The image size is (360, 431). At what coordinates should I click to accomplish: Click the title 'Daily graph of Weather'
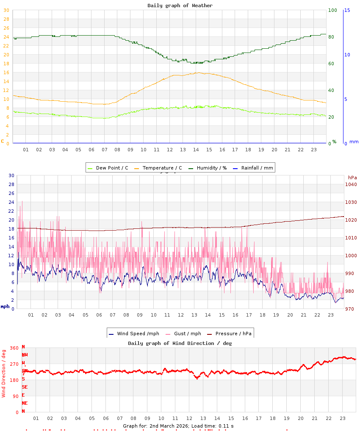[x=180, y=6]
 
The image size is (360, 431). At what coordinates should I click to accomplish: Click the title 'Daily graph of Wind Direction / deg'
[x=180, y=343]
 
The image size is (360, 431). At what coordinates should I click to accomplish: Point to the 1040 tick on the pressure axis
[x=352, y=184]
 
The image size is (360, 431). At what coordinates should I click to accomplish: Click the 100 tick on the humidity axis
[x=332, y=10]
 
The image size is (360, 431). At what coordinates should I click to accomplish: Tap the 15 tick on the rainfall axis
[x=347, y=10]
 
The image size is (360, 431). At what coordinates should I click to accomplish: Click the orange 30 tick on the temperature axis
[x=6, y=10]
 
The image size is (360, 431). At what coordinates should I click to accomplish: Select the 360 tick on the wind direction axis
[x=14, y=348]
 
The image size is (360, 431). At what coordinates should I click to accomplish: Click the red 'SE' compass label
[x=25, y=387]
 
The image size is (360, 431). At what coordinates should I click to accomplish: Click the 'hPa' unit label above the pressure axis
[x=352, y=178]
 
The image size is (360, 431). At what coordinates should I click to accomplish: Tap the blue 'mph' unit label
[x=5, y=306]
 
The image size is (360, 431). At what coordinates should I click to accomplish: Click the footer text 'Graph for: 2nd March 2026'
[x=155, y=425]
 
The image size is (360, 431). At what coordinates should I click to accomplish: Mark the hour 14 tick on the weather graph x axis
[x=196, y=150]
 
